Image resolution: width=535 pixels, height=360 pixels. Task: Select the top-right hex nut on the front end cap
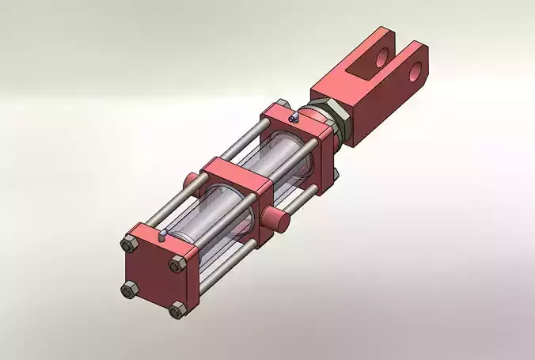click(x=176, y=265)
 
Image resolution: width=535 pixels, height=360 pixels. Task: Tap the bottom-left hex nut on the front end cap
click(x=128, y=290)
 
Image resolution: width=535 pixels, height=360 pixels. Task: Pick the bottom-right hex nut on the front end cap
click(x=175, y=312)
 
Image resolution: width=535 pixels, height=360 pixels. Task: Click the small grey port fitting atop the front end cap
click(x=161, y=234)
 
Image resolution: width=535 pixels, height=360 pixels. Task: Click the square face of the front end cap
click(x=152, y=278)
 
